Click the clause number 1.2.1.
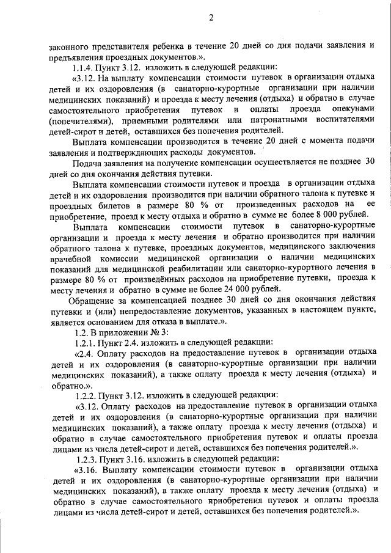coord(87,342)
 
